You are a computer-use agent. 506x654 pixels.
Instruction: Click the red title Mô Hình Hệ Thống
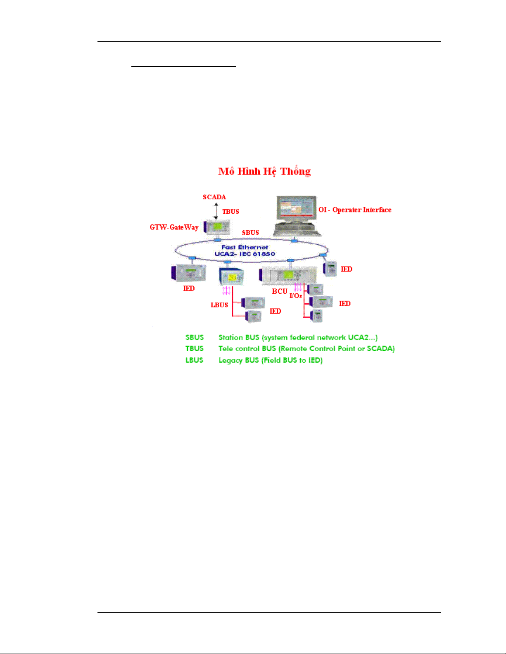click(x=264, y=171)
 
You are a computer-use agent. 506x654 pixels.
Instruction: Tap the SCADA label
click(x=214, y=197)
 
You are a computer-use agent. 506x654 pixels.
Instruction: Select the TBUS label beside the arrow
click(x=230, y=212)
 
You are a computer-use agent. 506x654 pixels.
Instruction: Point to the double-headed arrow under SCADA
click(x=216, y=211)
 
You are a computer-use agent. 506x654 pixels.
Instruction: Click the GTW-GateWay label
click(x=174, y=227)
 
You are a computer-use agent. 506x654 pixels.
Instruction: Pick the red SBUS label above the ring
click(x=250, y=233)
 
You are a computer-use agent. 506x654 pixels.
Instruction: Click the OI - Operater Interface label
click(x=355, y=210)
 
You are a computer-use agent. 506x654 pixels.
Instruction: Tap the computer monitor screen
click(x=295, y=208)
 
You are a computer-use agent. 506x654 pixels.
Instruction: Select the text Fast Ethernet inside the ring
click(x=245, y=247)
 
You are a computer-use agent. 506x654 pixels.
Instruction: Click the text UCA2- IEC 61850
click(x=245, y=254)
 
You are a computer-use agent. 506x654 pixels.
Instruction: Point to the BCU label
click(x=279, y=291)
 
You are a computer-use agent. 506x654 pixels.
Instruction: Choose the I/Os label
click(x=296, y=296)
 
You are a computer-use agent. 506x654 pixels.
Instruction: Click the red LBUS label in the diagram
click(x=219, y=305)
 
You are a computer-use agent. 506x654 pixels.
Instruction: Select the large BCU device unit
click(x=288, y=275)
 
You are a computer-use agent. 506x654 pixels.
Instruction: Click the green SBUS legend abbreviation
click(x=195, y=338)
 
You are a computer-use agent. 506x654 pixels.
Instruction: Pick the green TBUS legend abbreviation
click(x=195, y=349)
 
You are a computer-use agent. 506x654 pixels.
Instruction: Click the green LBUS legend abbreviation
click(x=195, y=360)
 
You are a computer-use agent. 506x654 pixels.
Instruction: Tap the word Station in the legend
click(x=230, y=338)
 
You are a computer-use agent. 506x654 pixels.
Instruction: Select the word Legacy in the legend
click(x=230, y=361)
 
